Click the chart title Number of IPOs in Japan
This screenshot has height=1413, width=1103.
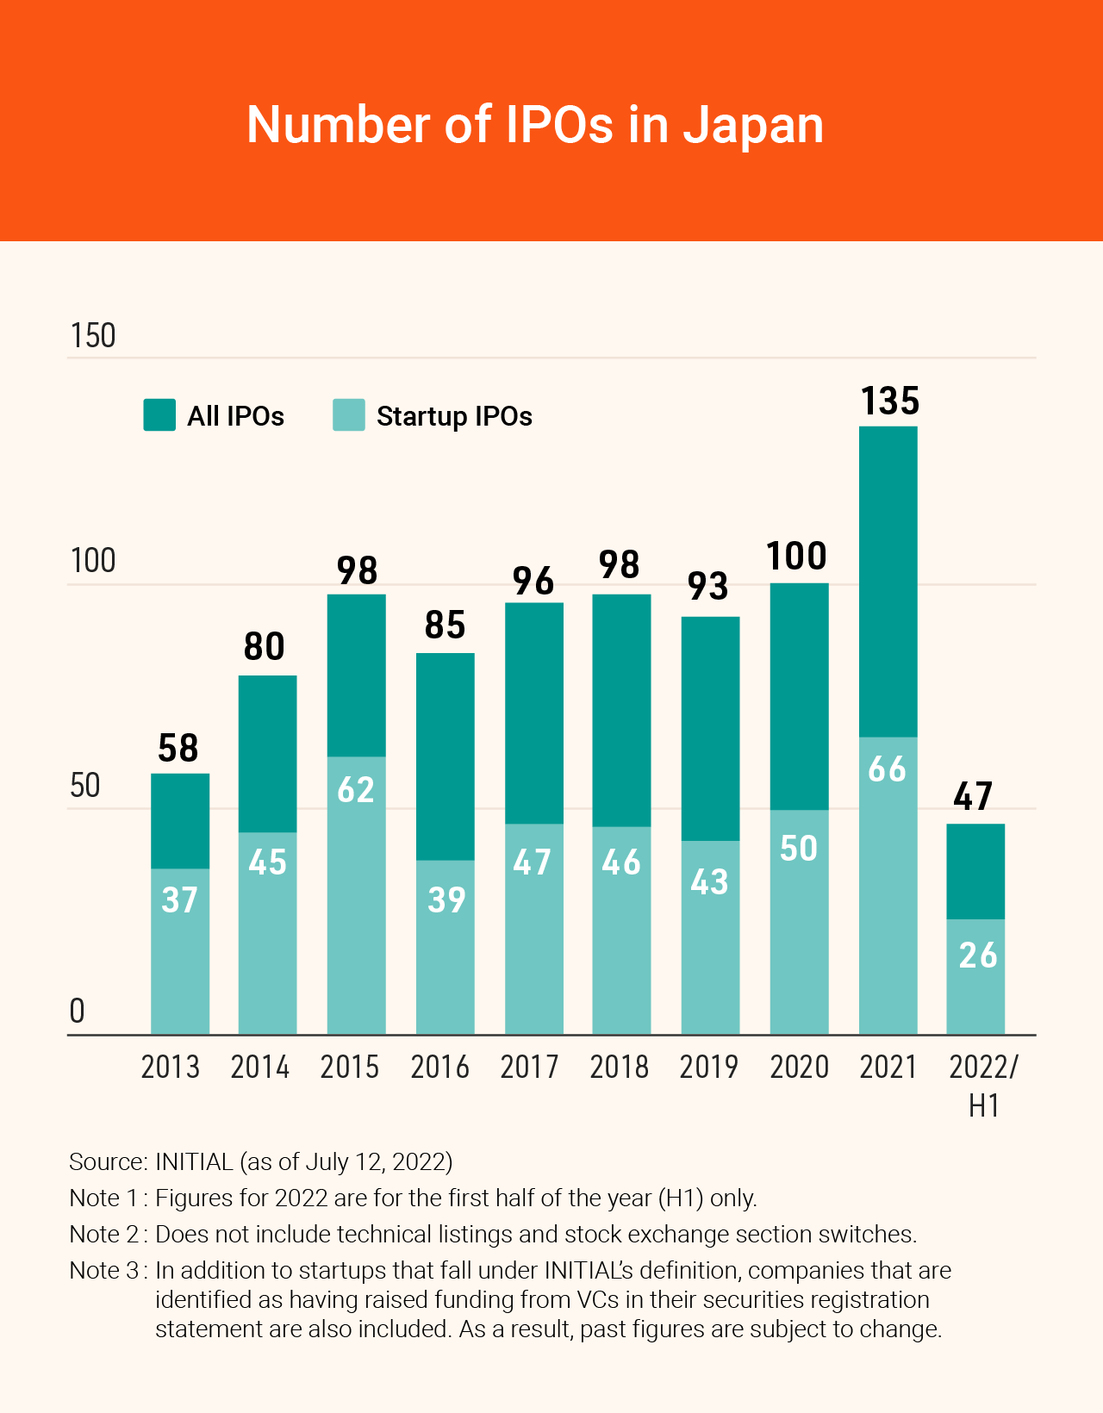[535, 125]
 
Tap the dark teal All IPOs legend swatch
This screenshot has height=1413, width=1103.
[159, 415]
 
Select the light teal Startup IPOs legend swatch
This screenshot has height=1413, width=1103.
[349, 415]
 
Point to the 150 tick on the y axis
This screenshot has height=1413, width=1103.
[93, 336]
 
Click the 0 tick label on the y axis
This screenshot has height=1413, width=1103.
[78, 1011]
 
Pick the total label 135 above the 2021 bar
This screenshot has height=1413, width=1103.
[890, 401]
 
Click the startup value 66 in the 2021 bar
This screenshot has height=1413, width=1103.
[888, 769]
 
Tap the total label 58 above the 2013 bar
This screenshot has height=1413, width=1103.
[178, 749]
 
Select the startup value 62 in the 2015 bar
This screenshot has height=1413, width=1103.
[356, 790]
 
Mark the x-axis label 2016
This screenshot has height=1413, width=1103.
[439, 1068]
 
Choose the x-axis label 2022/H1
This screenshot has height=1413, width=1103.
[983, 1085]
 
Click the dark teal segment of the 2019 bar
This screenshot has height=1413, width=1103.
[710, 728]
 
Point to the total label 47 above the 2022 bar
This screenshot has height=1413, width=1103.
[974, 797]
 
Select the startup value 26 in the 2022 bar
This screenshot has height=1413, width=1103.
[978, 955]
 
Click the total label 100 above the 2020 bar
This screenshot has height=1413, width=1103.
[797, 557]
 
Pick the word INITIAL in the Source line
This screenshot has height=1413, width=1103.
[194, 1162]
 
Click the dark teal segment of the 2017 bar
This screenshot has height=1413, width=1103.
[533, 713]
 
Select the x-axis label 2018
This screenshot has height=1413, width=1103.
[619, 1068]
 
